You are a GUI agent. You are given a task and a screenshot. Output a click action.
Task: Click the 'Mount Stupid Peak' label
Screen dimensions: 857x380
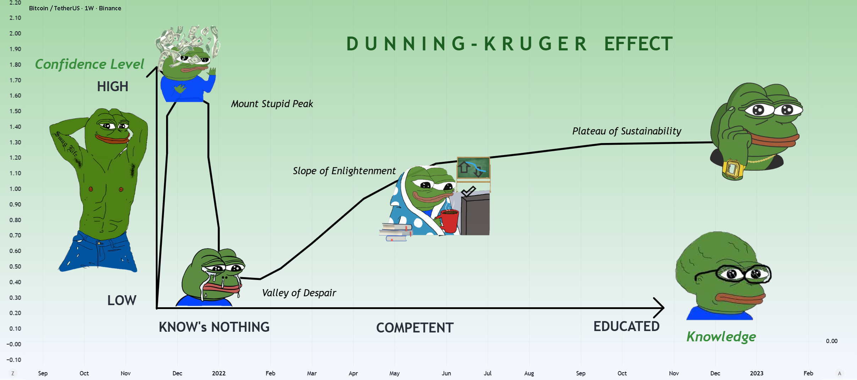[272, 104]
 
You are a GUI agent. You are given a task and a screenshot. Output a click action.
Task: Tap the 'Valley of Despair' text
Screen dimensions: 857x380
[299, 293]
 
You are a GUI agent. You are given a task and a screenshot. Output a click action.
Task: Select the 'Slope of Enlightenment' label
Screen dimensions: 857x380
[344, 171]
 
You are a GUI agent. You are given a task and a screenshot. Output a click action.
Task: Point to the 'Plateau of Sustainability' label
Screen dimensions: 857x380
[627, 131]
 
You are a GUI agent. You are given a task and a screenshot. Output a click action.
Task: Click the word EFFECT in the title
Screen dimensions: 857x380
[638, 44]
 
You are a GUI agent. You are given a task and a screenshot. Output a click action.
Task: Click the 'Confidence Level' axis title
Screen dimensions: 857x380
[89, 64]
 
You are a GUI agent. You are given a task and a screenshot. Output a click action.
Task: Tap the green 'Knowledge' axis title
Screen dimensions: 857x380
[721, 337]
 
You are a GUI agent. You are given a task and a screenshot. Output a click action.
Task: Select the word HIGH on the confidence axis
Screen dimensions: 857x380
[112, 87]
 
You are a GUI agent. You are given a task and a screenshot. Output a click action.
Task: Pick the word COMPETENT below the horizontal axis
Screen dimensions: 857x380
[415, 328]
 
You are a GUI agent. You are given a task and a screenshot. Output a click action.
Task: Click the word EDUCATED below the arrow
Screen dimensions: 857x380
[626, 326]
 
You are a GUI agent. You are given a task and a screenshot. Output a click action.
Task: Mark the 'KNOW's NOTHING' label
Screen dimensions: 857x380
[214, 327]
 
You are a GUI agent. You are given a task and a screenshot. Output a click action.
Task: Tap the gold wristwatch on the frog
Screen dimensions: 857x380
[732, 170]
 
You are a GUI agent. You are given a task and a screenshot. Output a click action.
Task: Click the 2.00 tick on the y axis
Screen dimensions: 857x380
[15, 33]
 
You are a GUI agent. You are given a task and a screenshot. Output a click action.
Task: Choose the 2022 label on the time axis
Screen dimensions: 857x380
[219, 373]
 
